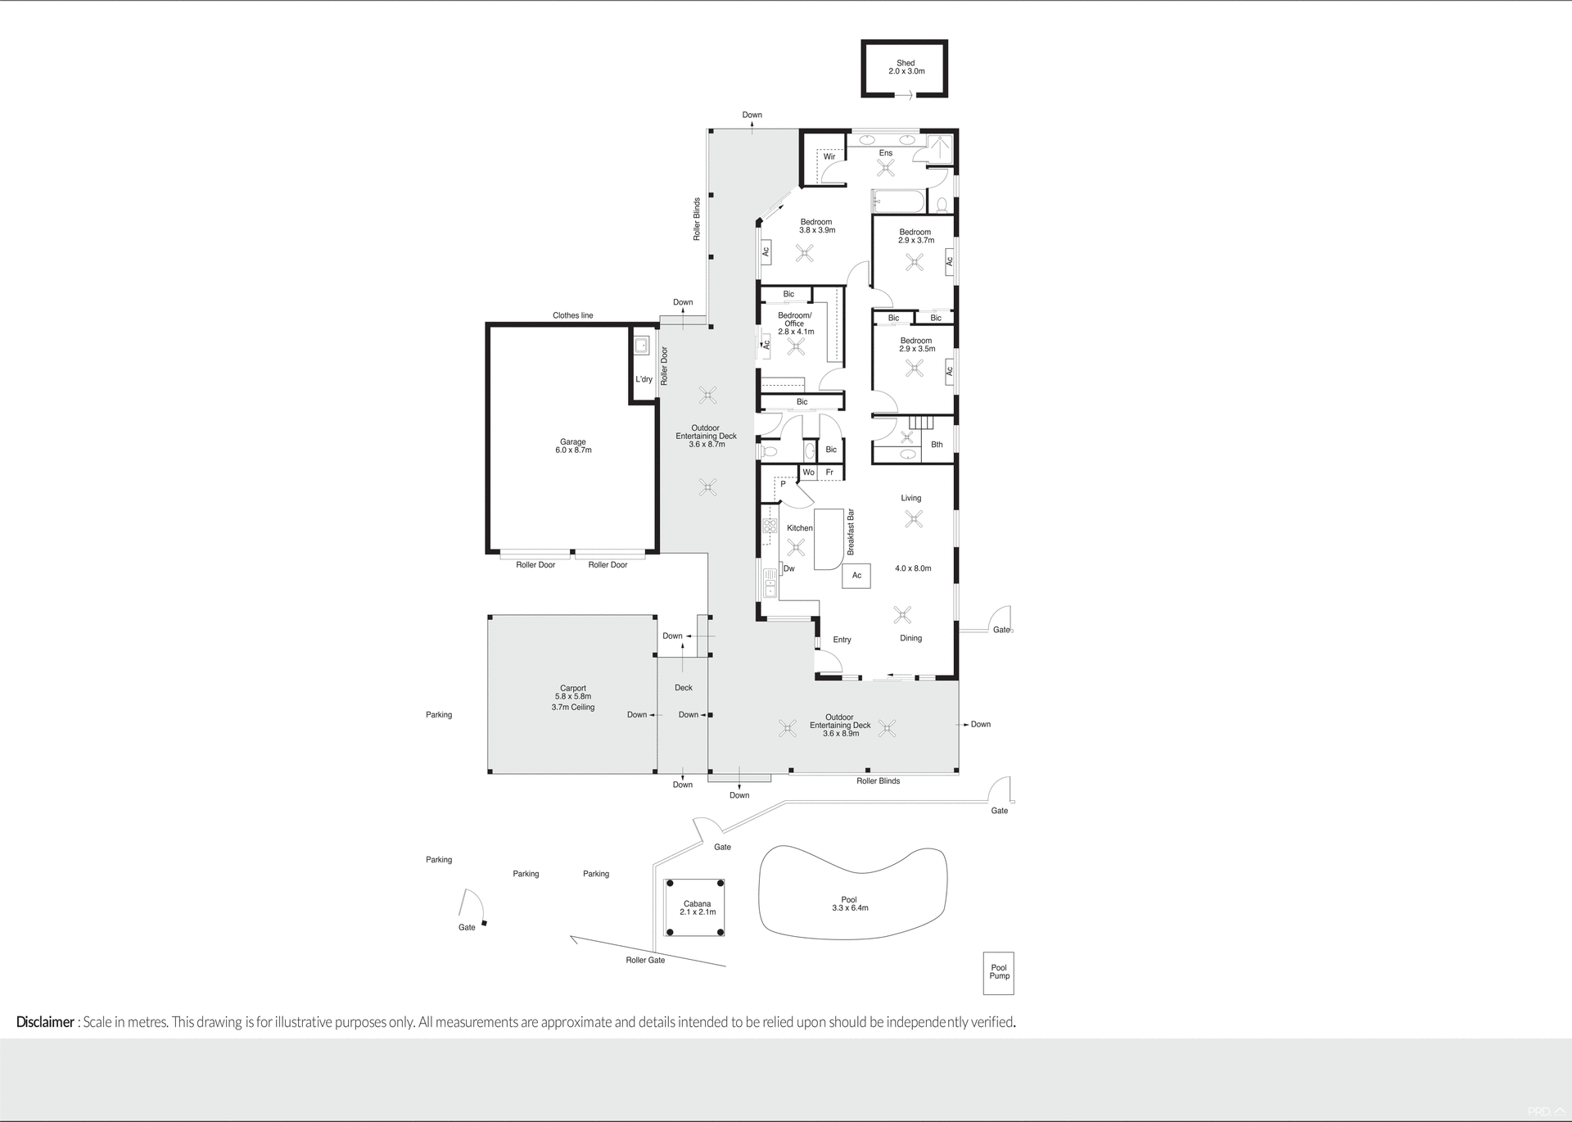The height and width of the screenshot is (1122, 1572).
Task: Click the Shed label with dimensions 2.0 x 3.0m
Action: point(906,67)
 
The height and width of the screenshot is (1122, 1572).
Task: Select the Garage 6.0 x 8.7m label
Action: point(573,446)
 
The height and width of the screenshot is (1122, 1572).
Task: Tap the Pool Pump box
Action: point(999,972)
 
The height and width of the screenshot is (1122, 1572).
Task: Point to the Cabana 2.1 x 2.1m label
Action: point(697,908)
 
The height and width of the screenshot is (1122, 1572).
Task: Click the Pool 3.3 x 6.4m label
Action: point(849,903)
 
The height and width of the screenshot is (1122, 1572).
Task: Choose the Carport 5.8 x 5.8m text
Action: point(573,693)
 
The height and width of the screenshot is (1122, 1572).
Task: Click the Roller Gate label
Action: point(645,960)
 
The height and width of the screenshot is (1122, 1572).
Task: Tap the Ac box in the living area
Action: point(856,576)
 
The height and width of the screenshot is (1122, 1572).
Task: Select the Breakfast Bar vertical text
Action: point(851,532)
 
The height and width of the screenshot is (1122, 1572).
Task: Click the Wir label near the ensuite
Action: point(829,156)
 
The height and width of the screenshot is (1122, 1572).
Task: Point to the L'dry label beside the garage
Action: point(644,379)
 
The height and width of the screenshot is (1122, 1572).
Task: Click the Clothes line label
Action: point(572,315)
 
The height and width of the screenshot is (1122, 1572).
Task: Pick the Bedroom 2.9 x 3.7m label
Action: point(915,237)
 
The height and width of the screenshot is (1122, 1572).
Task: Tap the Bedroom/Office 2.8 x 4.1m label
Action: point(795,323)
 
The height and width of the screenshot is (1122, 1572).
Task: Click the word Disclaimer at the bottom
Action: point(45,1022)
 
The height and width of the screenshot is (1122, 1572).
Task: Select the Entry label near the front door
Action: point(842,640)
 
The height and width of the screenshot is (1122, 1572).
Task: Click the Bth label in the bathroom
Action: point(937,445)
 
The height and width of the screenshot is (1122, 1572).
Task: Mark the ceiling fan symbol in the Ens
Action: point(886,168)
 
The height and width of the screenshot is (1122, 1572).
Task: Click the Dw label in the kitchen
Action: point(789,568)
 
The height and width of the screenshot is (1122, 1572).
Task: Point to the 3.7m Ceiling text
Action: point(573,708)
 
